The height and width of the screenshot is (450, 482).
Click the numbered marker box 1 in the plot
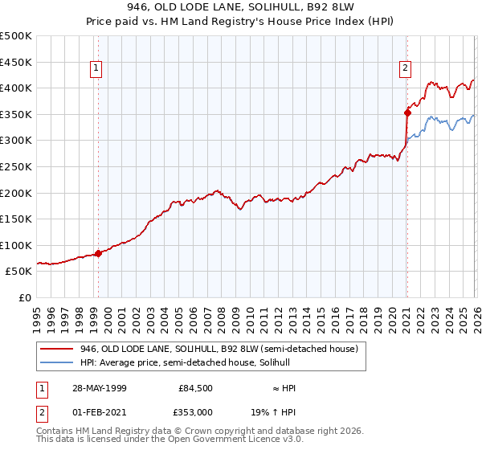point(96,68)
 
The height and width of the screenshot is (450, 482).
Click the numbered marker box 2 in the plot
point(406,68)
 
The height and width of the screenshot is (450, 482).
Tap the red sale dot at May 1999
point(98,253)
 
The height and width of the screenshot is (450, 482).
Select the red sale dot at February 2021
point(407,112)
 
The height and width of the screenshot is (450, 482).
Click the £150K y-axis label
point(15,219)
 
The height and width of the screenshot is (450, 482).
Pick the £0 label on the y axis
point(24,297)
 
